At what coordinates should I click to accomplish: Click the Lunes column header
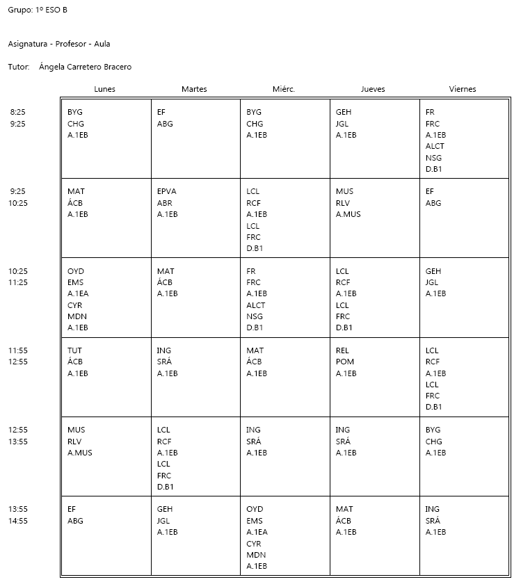pos(105,89)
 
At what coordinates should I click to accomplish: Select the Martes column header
pos(194,89)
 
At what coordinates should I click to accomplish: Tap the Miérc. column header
pos(284,89)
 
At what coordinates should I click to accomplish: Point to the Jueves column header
pos(373,89)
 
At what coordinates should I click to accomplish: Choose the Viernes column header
pos(463,89)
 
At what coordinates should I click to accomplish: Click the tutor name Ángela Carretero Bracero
pos(86,67)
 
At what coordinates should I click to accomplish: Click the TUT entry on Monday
pos(74,350)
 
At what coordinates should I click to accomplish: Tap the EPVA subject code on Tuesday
pos(167,191)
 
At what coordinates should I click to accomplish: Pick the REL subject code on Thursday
pos(342,350)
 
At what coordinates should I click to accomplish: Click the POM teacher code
pos(344,362)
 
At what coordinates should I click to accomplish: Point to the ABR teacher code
pos(165,203)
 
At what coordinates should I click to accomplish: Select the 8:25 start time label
pos(17,112)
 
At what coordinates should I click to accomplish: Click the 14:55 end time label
pos(18,521)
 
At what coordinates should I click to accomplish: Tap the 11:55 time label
pos(18,350)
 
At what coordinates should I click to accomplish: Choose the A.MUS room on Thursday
pos(348,214)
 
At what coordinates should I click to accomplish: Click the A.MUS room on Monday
pos(80,453)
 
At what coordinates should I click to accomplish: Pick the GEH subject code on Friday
pos(433,271)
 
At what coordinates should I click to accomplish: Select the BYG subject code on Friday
pos(433,430)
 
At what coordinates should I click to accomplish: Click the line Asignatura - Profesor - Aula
pos(59,44)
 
